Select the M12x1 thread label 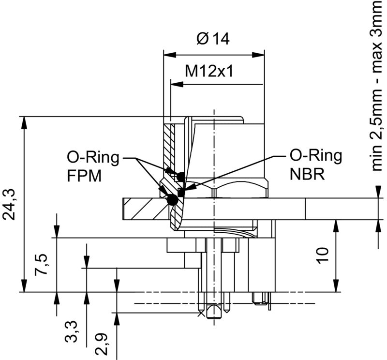coord(209,72)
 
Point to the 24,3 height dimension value coord(11,204)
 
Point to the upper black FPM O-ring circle coord(181,176)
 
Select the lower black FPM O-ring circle coord(171,199)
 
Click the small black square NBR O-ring coord(181,193)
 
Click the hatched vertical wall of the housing coord(168,145)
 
